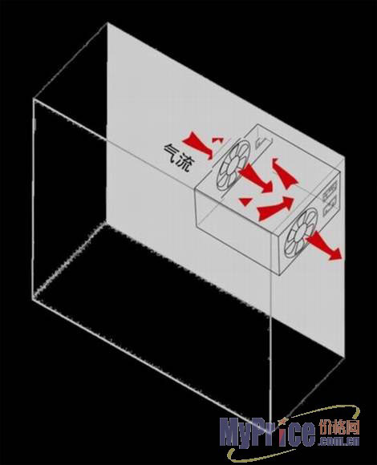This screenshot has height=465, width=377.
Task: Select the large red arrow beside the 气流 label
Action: pos(198,145)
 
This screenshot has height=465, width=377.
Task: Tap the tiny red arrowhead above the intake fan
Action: pos(217,139)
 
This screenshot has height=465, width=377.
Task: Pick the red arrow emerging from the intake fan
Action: pos(256,179)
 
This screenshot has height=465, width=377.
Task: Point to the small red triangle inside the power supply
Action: pos(245,201)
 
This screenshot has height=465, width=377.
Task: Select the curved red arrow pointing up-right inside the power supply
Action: pos(275,208)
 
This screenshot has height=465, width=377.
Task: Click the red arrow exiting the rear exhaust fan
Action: pos(324,245)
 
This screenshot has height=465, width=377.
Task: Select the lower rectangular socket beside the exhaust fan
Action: pos(330,207)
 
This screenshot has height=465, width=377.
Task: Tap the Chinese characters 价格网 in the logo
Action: pos(338,428)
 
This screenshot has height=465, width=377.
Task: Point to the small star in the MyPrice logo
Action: pos(285,421)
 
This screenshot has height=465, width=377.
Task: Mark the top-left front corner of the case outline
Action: pos(34,99)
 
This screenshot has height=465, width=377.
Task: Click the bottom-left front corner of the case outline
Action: pos(33,300)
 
